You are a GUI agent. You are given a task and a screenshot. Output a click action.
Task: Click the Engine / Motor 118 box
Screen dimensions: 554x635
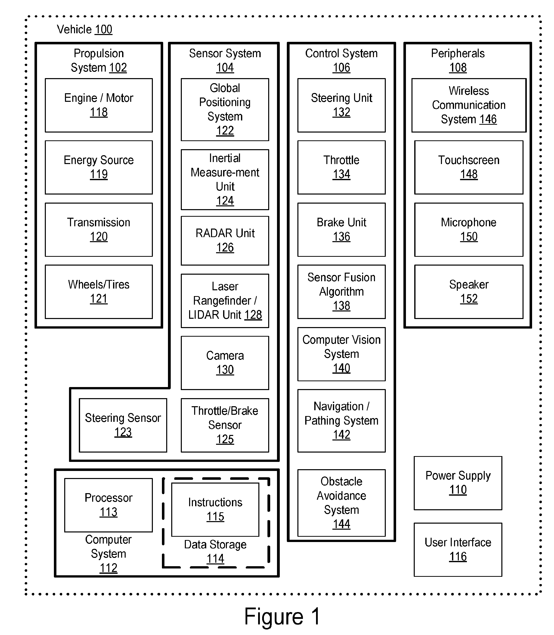point(99,105)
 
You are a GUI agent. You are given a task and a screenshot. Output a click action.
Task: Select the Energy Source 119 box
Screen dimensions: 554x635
point(99,167)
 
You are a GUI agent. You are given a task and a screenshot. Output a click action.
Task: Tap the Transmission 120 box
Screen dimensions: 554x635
point(99,230)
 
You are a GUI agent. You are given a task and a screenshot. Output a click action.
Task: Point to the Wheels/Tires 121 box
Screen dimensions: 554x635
point(99,292)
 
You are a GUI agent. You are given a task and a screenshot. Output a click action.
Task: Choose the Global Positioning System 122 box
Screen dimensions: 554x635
point(225,110)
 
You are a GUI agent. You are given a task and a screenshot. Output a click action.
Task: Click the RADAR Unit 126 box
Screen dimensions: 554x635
point(225,241)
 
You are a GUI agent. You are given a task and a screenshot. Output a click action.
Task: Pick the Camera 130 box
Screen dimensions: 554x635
point(225,363)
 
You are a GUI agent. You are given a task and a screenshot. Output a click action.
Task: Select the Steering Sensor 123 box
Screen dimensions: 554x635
point(123,425)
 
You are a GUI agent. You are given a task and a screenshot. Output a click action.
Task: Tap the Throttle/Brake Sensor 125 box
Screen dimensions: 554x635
point(225,425)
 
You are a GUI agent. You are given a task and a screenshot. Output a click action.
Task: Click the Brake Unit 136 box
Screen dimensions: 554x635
point(341,230)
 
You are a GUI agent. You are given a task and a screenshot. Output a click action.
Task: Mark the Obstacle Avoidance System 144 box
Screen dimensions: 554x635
point(341,503)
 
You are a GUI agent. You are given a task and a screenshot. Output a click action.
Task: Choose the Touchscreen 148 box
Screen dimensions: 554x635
point(469,167)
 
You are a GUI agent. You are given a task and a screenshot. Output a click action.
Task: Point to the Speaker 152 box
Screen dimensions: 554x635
point(469,292)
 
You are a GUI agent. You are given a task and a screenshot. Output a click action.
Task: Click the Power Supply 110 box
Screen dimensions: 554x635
point(458,483)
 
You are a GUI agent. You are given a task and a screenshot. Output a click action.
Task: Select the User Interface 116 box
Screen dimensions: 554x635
point(458,550)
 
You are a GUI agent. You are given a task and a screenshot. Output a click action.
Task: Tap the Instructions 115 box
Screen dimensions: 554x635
point(215,510)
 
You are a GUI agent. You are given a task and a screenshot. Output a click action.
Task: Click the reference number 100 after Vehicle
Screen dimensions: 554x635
point(103,30)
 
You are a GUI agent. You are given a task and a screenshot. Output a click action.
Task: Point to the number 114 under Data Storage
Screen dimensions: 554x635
point(215,559)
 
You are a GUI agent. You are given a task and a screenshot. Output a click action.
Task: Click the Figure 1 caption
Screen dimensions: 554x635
point(282,616)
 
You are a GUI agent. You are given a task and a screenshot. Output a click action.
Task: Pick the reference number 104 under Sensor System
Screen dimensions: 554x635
point(225,68)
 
